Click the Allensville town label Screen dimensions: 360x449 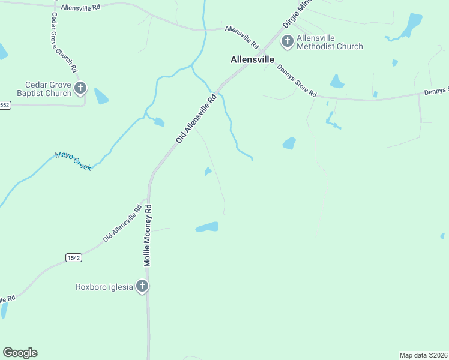pos(252,59)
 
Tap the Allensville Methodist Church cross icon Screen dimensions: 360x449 pos(288,41)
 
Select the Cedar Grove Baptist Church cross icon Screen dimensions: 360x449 pos(81,89)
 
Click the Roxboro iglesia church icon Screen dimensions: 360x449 pos(142,286)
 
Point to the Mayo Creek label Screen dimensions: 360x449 pos(73,161)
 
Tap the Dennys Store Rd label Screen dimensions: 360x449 pos(296,80)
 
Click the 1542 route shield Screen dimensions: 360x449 pos(74,257)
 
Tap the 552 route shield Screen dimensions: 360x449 pos(5,105)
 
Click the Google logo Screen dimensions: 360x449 pos(20,353)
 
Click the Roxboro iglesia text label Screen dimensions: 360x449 pos(104,287)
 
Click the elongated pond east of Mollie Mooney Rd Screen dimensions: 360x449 pos(207,227)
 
